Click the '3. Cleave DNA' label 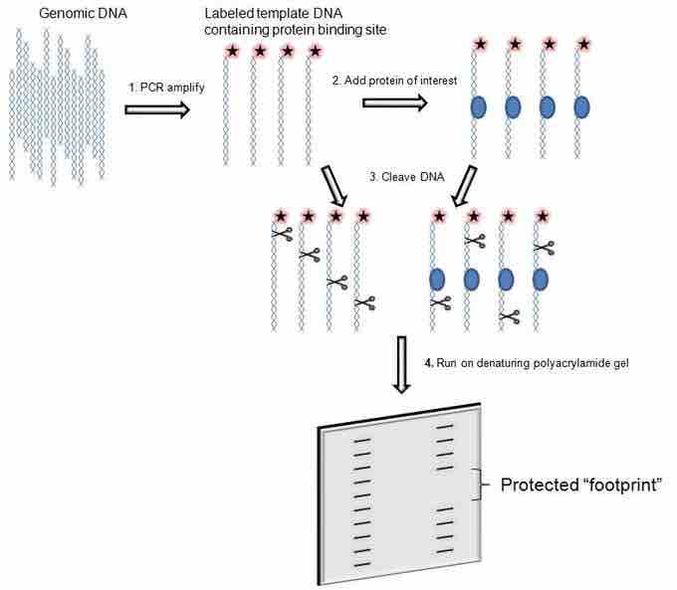399,177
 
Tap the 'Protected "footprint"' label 579,486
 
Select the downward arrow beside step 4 402,363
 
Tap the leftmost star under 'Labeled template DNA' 233,50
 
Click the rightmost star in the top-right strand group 582,44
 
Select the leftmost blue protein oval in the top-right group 477,105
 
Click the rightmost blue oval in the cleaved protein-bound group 541,278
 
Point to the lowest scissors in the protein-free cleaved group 367,301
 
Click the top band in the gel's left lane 363,431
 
